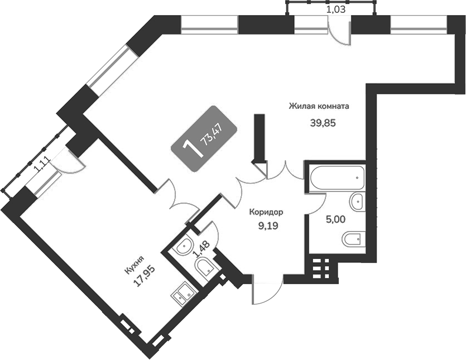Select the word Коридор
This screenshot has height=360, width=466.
pos(266,212)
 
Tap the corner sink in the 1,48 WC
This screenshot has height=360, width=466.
pos(182,247)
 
